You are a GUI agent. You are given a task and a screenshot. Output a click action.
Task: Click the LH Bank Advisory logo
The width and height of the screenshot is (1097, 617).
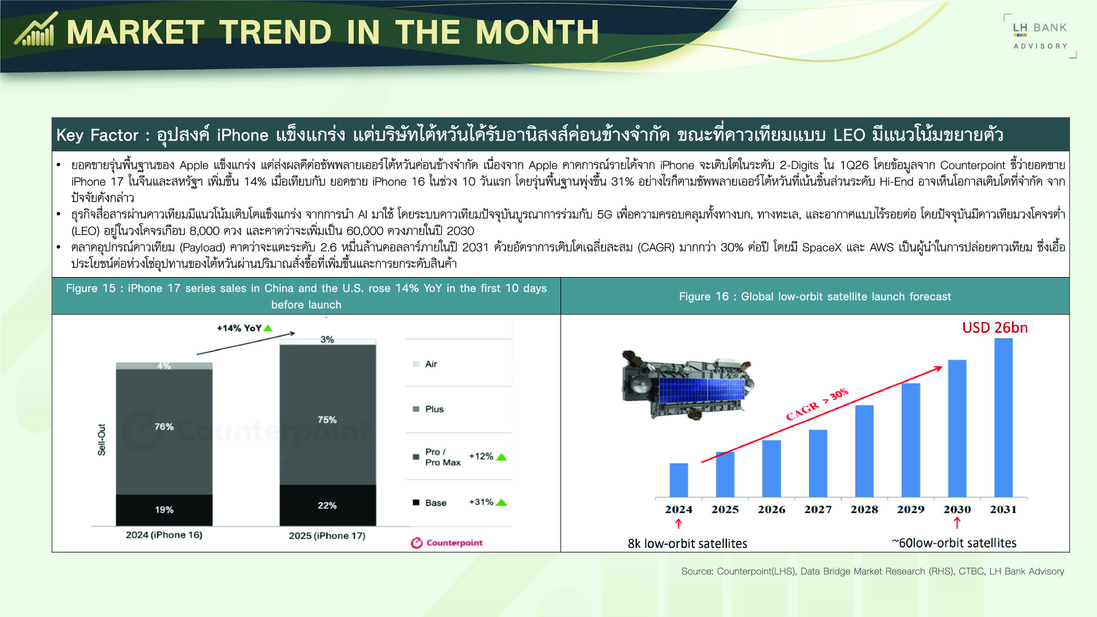pos(1040,35)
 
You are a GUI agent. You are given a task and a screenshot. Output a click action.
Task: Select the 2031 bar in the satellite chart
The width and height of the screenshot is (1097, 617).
pos(1003,417)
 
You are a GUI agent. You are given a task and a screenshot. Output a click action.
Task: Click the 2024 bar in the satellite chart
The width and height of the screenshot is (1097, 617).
pos(679,480)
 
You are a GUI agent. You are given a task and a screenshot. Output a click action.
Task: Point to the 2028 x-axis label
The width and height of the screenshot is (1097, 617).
pos(864,509)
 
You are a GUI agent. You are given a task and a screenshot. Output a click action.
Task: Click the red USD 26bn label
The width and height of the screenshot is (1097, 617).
pos(995,327)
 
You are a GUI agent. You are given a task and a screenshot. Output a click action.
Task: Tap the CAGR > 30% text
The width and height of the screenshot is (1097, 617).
pos(817,404)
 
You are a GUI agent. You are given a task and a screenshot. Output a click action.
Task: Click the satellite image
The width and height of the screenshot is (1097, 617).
pos(687,384)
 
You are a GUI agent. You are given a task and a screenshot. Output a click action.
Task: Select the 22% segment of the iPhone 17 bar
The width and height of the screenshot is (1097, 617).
pos(327,505)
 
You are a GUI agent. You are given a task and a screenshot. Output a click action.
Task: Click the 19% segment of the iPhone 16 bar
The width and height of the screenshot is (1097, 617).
pos(164,510)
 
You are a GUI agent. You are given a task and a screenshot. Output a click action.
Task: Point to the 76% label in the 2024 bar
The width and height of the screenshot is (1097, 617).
pos(164,427)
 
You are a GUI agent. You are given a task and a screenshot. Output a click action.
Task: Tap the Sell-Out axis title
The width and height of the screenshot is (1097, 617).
pos(102,439)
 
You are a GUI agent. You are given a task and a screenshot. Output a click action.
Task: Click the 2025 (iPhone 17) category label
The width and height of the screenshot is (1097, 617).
pos(327,535)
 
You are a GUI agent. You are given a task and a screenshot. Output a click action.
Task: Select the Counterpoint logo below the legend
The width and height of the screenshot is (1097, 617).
pos(447,543)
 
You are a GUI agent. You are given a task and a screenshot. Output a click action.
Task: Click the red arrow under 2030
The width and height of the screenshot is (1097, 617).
pos(957,523)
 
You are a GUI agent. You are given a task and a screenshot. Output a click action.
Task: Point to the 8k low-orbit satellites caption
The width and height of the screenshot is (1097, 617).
pos(687,543)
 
